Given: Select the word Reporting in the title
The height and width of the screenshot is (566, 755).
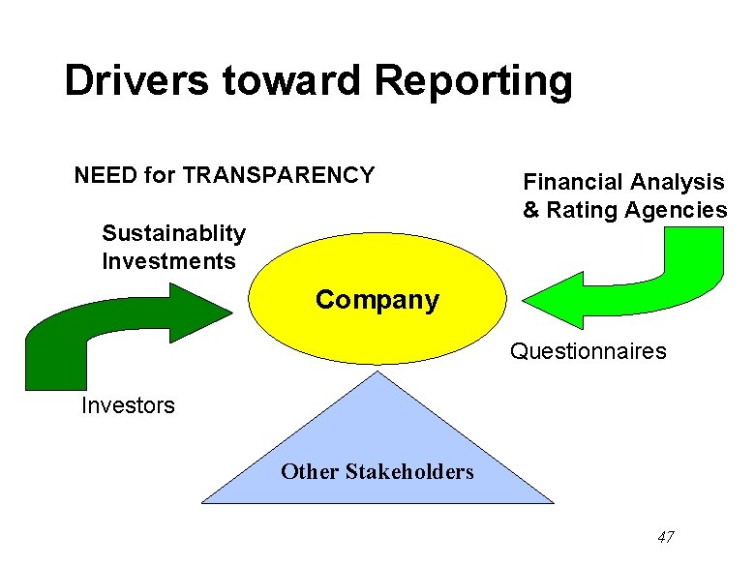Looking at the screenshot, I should point(473,82).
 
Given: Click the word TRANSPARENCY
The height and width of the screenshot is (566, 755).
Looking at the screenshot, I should point(279,175).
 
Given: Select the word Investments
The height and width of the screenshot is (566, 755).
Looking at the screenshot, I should point(168,261).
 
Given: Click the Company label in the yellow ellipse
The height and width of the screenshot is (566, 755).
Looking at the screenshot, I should point(377,300).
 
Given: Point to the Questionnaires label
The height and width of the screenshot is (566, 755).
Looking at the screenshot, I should point(589,350).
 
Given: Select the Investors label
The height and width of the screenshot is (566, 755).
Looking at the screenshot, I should point(129,405).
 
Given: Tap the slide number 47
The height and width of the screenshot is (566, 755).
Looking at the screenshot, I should point(665,537).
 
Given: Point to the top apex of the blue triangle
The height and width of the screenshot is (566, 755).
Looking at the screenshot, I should point(385,374).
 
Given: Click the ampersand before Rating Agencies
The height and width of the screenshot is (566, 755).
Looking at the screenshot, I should point(531,210).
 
